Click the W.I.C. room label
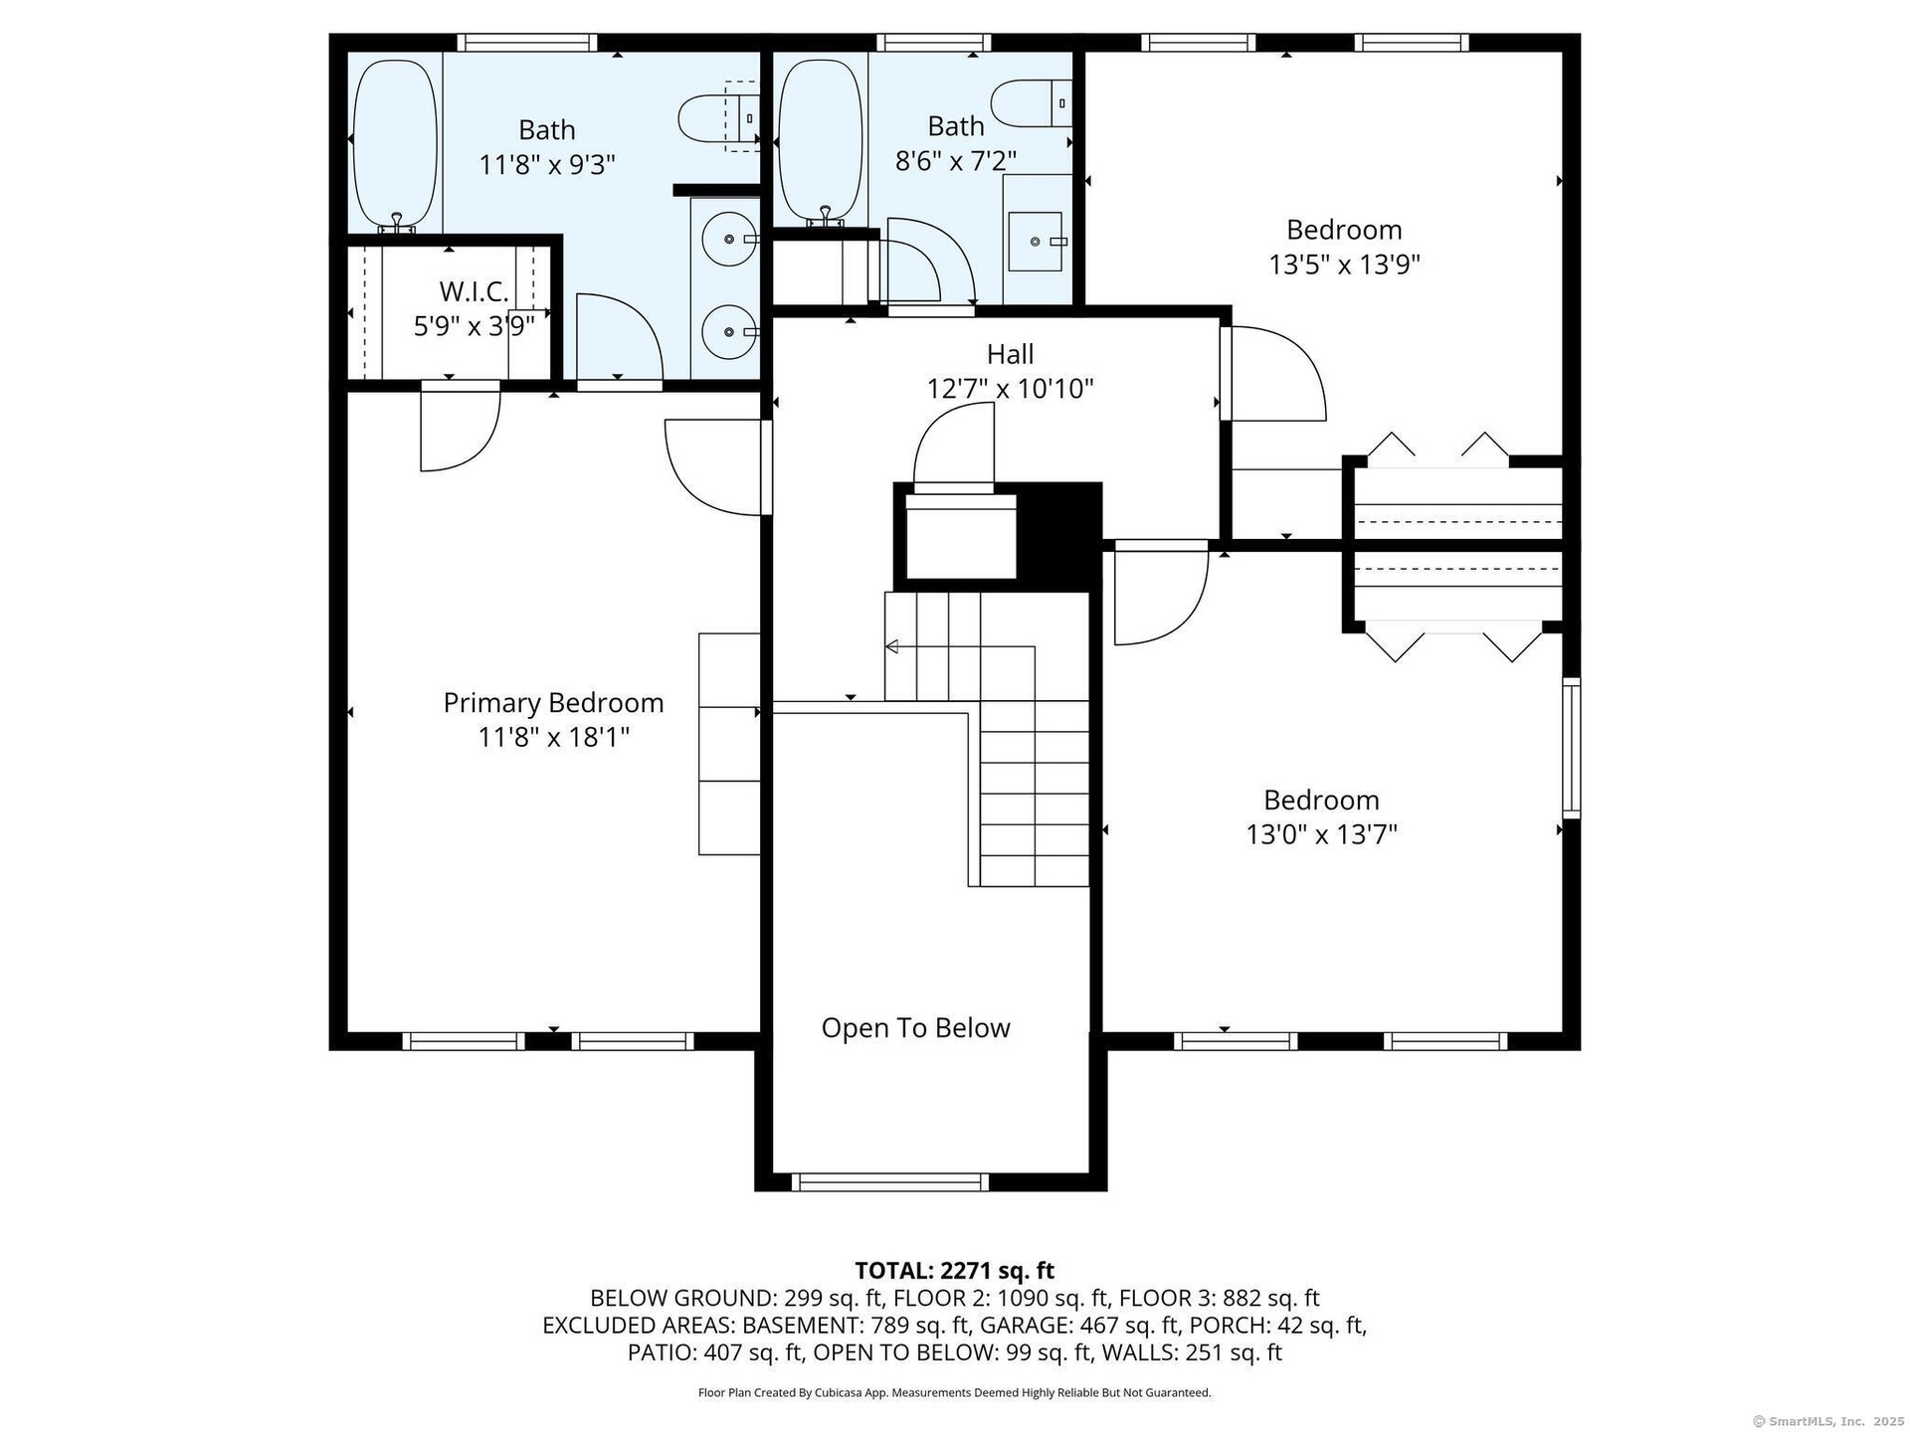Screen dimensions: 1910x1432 (x=474, y=292)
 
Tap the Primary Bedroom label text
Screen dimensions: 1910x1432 (x=553, y=703)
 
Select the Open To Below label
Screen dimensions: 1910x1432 (x=915, y=1028)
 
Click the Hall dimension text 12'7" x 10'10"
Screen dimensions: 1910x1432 (x=1010, y=389)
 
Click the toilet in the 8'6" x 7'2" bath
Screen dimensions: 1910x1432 (x=1031, y=103)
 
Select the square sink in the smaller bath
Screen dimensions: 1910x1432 (x=1036, y=242)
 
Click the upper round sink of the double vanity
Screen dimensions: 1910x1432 (x=729, y=240)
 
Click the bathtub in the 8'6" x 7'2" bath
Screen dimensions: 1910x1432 (x=820, y=142)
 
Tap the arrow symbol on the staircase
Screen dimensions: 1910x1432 (x=892, y=647)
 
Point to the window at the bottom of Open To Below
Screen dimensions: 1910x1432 (x=890, y=1182)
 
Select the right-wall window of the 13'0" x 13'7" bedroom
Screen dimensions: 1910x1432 (x=1571, y=748)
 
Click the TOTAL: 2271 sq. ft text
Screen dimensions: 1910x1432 (x=955, y=1271)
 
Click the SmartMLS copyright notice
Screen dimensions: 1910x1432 (x=1828, y=1421)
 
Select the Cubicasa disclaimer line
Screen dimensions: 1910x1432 (x=955, y=1393)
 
